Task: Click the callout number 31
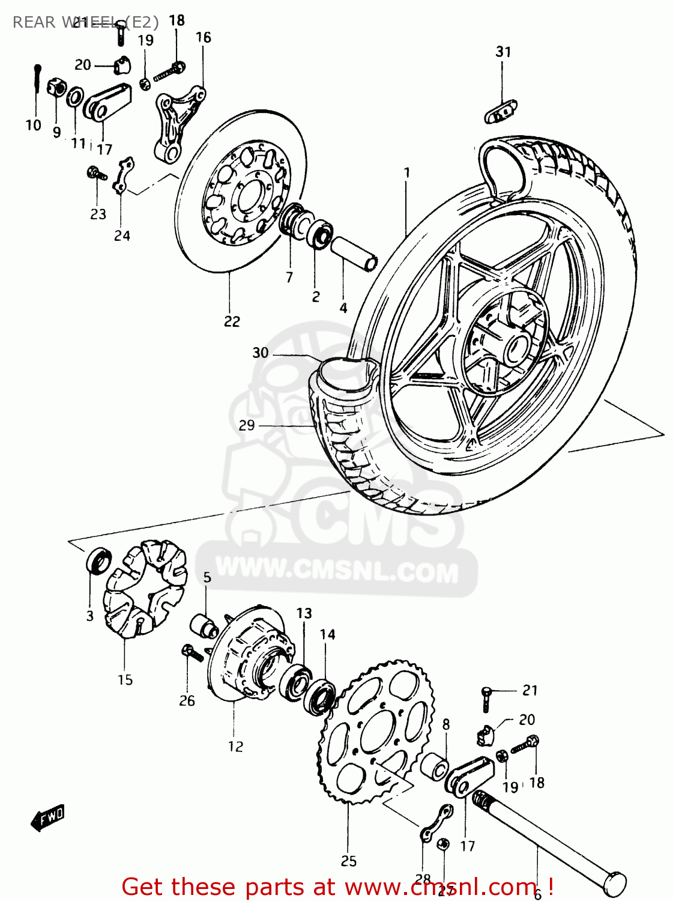[x=503, y=52]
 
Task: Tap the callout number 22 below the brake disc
[x=232, y=321]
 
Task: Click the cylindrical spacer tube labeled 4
[x=355, y=253]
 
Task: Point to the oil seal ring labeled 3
[x=98, y=560]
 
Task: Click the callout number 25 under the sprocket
[x=349, y=861]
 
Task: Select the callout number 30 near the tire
[x=260, y=353]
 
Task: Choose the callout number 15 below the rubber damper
[x=125, y=679]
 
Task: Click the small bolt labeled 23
[x=96, y=174]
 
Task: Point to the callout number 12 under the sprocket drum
[x=235, y=746]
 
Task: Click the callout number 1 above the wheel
[x=406, y=173]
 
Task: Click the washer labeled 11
[x=75, y=96]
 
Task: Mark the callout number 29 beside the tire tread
[x=247, y=425]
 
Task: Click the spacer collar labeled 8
[x=435, y=765]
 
